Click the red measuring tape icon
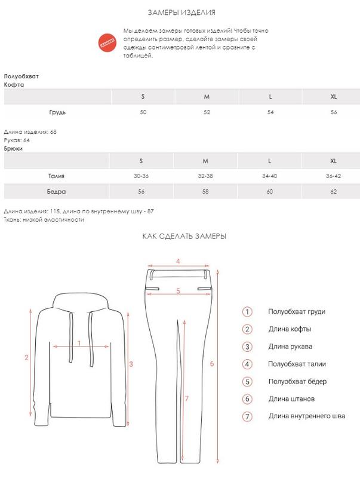pos(107,42)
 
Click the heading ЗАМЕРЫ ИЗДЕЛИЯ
pos(181,13)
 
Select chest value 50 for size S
pos(143,112)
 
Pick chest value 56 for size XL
pos(334,112)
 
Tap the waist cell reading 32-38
pos(205,176)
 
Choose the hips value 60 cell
pos(270,192)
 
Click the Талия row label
pos(57,176)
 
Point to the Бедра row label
pos(57,192)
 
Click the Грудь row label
pos(57,112)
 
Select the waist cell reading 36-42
pos(334,176)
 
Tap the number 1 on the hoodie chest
pos(79,343)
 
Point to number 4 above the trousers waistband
pos(178,261)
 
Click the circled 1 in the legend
pos(247,312)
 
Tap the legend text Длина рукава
pos(290,347)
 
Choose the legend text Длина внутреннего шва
pos(306,416)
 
